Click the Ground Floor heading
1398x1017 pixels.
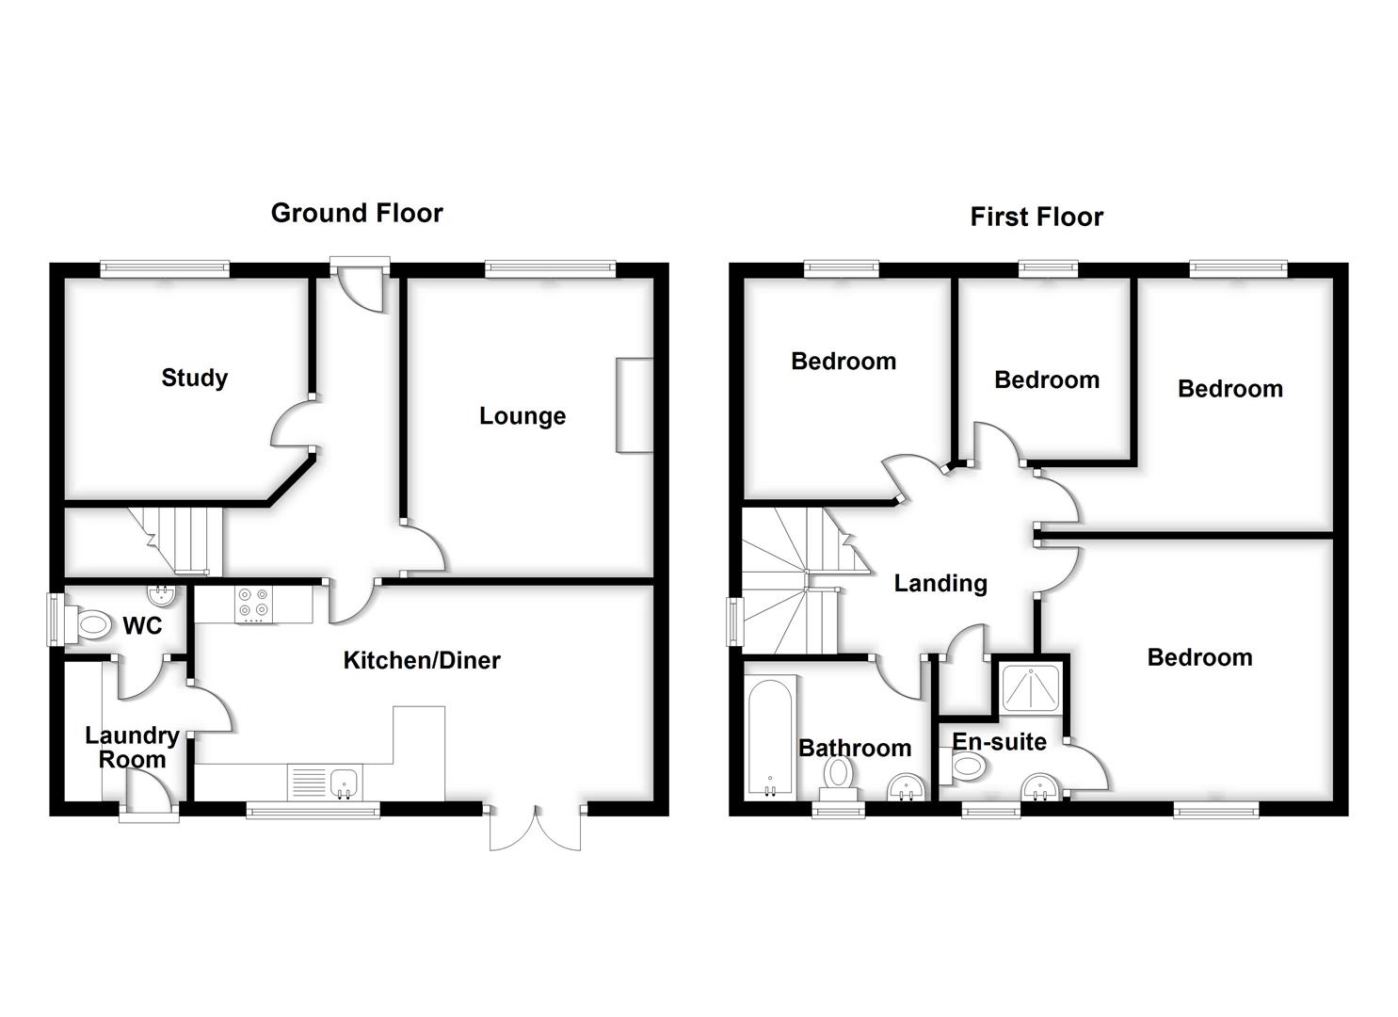pos(357,213)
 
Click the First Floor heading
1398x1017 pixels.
pos(1036,217)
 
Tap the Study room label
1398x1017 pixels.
pos(194,378)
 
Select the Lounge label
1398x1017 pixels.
pos(522,415)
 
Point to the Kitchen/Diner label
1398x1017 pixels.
pos(421,660)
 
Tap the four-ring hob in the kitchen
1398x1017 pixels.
pos(253,604)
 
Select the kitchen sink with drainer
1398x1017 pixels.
pos(326,782)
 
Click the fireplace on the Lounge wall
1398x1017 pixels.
pos(635,405)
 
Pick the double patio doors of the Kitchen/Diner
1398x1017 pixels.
pos(536,827)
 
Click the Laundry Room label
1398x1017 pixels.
pos(132,747)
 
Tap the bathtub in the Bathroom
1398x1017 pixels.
pos(770,738)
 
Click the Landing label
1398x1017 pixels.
pos(940,583)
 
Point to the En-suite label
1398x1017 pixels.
pos(999,741)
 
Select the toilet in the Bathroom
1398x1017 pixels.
pos(837,775)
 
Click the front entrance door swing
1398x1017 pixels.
pos(362,285)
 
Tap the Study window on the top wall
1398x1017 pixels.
pos(165,269)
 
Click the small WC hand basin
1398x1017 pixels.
pos(161,594)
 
